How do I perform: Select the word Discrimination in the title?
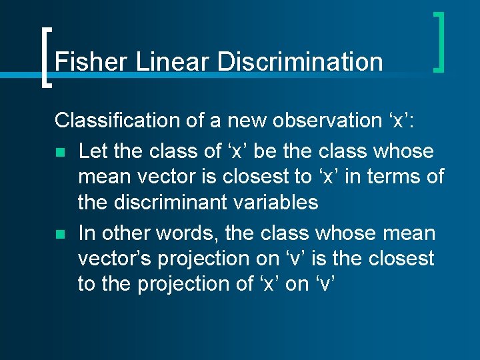click(300, 62)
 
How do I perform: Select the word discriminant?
click(169, 202)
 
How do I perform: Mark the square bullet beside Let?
click(60, 153)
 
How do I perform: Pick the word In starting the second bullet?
click(86, 234)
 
